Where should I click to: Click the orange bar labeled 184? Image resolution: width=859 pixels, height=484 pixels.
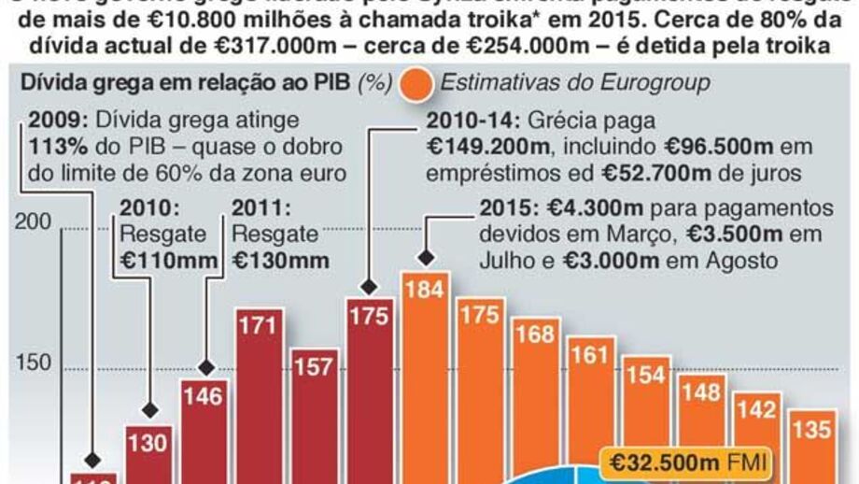[425, 374]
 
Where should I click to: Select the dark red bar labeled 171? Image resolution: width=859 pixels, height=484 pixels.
[259, 392]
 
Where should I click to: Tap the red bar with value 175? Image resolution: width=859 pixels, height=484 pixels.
[369, 392]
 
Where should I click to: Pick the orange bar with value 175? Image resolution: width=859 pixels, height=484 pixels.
[480, 392]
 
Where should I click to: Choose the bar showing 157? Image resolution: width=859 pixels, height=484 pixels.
[314, 411]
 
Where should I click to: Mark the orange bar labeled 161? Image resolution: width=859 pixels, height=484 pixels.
[589, 411]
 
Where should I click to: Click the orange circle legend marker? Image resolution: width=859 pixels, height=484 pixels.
[415, 83]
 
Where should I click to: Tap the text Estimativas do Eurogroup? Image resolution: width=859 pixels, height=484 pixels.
[574, 83]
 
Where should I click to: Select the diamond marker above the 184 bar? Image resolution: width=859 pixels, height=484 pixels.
[426, 258]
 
